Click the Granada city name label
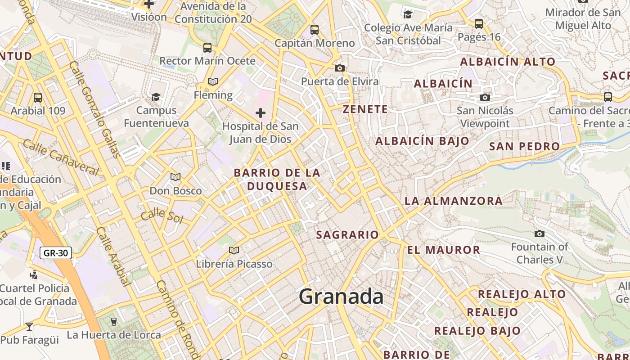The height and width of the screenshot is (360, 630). point(341,297)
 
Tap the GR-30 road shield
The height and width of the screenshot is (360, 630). point(56,253)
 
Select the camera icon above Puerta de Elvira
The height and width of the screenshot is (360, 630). point(340,68)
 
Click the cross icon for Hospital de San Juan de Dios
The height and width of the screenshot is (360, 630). point(261,112)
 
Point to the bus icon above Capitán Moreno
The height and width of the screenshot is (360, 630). point(315,30)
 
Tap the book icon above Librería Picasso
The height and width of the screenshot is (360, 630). point(234,250)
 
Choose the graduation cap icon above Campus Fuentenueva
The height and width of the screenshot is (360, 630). point(156,97)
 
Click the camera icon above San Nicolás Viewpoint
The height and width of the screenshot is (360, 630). point(485,97)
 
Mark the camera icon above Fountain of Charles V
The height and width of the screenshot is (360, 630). point(539,234)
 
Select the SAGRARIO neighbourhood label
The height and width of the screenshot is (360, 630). point(347,235)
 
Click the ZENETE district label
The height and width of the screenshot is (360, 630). point(365,109)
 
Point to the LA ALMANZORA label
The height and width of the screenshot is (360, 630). point(454,201)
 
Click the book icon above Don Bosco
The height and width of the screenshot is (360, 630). point(175,177)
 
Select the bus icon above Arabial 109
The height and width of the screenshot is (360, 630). point(38,97)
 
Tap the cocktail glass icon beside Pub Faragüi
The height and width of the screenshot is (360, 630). point(29,326)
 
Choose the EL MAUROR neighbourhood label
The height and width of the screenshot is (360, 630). point(444,250)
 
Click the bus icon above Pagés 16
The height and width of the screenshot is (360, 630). point(479,23)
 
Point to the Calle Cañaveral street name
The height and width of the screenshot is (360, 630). point(60,157)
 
